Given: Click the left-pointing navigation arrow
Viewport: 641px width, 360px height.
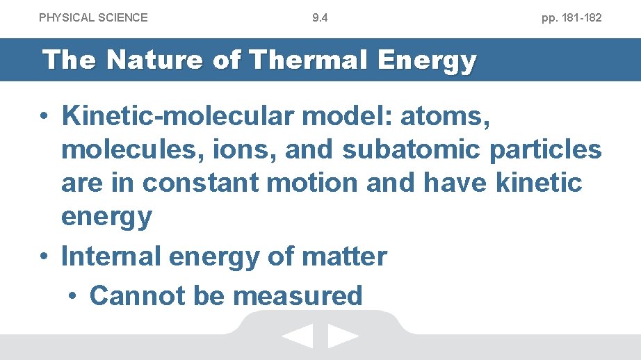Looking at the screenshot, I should [298, 337].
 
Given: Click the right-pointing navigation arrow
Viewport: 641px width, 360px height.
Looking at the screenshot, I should [343, 337].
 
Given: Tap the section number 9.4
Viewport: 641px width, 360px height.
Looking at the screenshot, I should [320, 17].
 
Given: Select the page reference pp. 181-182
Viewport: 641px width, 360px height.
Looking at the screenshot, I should [571, 17].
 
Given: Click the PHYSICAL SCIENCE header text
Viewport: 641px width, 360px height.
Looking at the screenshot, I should [93, 17].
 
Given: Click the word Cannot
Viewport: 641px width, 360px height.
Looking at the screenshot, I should [137, 296].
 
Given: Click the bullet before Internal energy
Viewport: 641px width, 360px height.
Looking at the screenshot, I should [44, 257].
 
